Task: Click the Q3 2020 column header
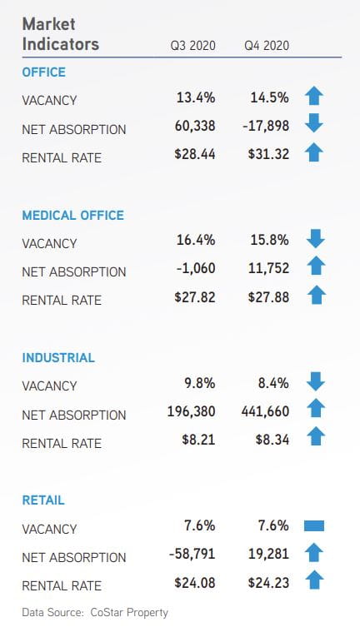click(x=192, y=45)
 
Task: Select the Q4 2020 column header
click(x=267, y=45)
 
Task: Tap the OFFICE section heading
click(x=43, y=72)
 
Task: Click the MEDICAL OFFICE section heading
click(x=73, y=215)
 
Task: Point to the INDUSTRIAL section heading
click(x=58, y=358)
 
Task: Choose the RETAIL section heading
click(x=43, y=500)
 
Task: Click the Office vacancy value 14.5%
click(x=269, y=97)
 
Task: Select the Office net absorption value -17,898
click(x=266, y=126)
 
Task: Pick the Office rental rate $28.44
click(x=195, y=154)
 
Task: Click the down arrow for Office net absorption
click(x=314, y=123)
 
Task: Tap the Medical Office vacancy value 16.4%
click(x=196, y=240)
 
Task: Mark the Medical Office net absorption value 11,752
click(x=268, y=268)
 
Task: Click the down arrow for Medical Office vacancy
click(x=316, y=239)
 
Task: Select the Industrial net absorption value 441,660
click(x=265, y=411)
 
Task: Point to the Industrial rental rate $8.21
click(x=198, y=440)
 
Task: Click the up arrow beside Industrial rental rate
click(x=316, y=436)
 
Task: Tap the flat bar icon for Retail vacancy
click(x=314, y=526)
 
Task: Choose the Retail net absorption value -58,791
click(x=192, y=554)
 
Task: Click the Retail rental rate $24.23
click(x=268, y=583)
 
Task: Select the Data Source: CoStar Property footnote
click(x=95, y=613)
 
